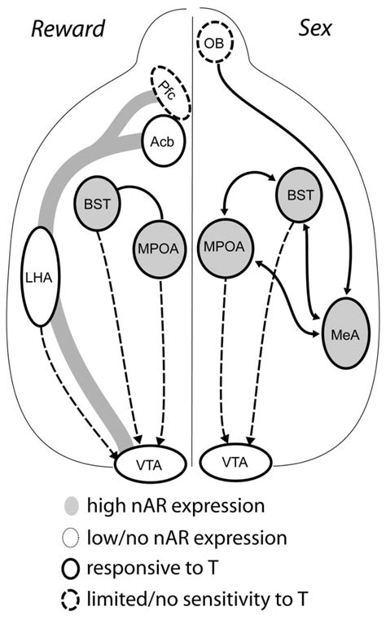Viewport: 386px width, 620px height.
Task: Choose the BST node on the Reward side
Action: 97,199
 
